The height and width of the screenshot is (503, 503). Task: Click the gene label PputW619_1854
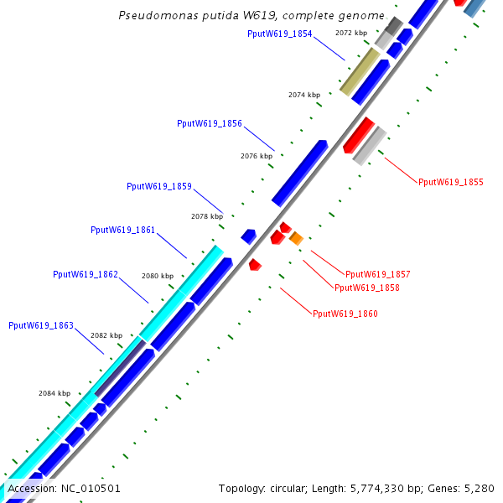280,34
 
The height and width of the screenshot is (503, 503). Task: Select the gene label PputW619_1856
210,123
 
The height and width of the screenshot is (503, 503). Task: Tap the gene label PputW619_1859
159,186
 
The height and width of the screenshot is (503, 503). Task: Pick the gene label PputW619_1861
122,230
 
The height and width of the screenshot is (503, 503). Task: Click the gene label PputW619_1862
86,274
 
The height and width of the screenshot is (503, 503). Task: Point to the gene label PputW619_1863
41,325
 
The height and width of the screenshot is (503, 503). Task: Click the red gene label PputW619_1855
451,182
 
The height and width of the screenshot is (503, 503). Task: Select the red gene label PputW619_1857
378,274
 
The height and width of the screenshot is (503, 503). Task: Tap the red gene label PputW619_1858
367,288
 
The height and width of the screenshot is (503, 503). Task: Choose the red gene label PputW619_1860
345,314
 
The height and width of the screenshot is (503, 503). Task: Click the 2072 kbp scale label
351,33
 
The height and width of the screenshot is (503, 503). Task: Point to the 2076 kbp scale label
257,156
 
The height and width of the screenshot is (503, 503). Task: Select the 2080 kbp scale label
158,276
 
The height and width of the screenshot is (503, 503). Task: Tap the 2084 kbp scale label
54,393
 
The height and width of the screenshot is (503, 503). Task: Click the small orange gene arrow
296,239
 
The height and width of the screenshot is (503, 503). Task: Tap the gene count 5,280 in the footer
480,488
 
